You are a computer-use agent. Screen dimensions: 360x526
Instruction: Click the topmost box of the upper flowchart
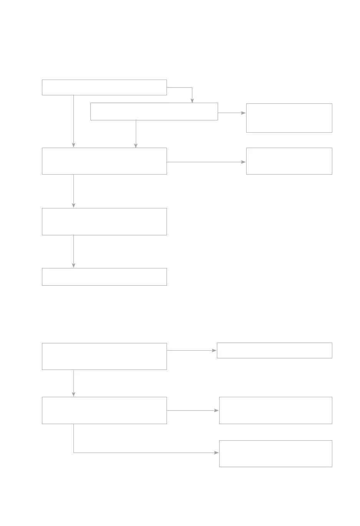pyautogui.click(x=104, y=87)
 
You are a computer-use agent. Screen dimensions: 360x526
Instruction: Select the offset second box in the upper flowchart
pyautogui.click(x=154, y=112)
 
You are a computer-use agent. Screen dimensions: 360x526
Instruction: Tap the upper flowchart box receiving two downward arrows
pyautogui.click(x=104, y=161)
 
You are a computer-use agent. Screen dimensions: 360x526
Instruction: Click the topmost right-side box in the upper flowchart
pyautogui.click(x=289, y=118)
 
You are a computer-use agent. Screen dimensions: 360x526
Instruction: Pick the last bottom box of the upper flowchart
pyautogui.click(x=104, y=277)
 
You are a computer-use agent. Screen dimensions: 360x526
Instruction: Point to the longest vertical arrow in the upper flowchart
pyautogui.click(x=73, y=121)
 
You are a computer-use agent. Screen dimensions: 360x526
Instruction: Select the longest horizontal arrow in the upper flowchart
pyautogui.click(x=206, y=162)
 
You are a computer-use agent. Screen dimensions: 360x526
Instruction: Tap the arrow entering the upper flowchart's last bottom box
pyautogui.click(x=73, y=251)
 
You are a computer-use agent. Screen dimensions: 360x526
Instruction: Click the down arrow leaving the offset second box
pyautogui.click(x=136, y=134)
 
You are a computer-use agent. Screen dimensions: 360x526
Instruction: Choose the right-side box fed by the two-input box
pyautogui.click(x=289, y=161)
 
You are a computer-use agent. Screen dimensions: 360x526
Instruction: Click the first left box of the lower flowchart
pyautogui.click(x=104, y=356)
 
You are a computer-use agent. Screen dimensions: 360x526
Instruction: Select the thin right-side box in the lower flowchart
pyautogui.click(x=274, y=351)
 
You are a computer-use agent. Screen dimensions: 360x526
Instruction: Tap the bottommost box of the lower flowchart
pyautogui.click(x=275, y=454)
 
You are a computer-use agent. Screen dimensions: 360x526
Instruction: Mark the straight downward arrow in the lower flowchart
pyautogui.click(x=73, y=383)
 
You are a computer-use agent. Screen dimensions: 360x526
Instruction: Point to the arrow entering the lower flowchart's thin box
pyautogui.click(x=192, y=351)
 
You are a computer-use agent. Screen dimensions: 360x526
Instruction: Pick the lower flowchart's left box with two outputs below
pyautogui.click(x=104, y=410)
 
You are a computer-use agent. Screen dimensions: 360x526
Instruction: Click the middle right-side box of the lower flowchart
pyautogui.click(x=275, y=410)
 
